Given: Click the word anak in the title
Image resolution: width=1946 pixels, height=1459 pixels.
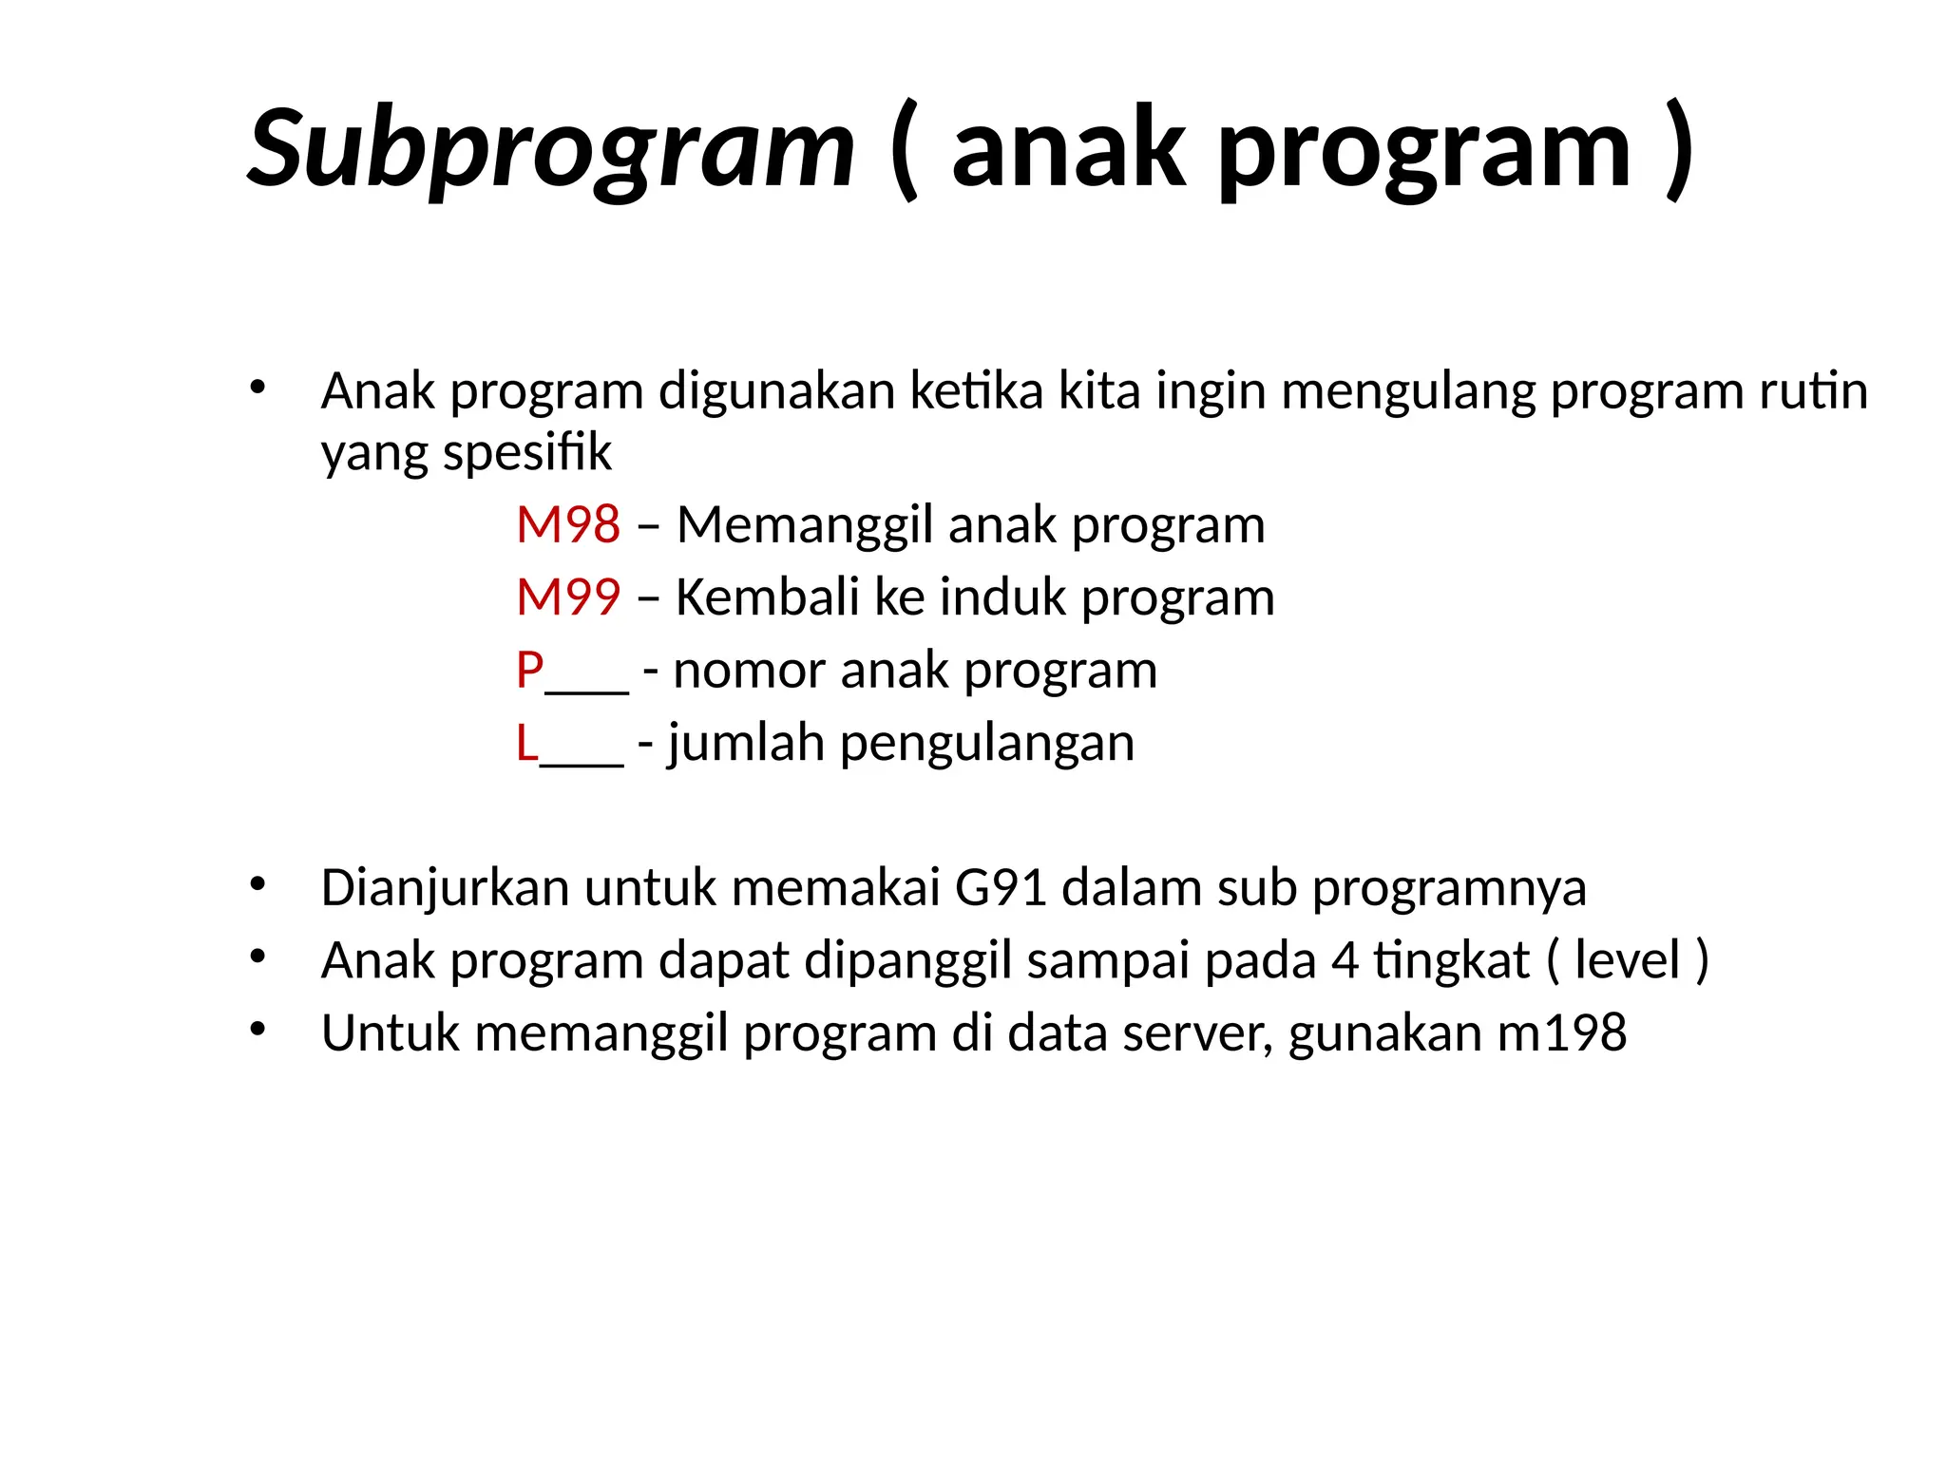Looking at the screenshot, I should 1069,148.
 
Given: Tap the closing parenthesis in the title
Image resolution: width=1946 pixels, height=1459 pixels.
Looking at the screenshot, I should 1680,150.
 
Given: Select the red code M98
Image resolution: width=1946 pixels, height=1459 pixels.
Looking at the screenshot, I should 568,524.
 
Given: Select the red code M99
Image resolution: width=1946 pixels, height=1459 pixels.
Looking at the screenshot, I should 568,597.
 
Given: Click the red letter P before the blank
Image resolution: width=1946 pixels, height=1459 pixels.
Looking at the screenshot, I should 529,670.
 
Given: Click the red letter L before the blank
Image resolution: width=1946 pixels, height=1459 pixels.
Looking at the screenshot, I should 526,743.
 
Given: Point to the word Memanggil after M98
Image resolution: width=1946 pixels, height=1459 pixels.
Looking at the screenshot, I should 805,526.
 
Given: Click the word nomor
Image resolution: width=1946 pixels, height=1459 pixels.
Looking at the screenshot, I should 749,671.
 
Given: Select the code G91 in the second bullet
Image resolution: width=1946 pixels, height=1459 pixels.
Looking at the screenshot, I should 1001,888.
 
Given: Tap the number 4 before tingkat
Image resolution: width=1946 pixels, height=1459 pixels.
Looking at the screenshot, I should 1345,961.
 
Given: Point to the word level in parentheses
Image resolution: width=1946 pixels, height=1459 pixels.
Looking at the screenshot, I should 1628,960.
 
